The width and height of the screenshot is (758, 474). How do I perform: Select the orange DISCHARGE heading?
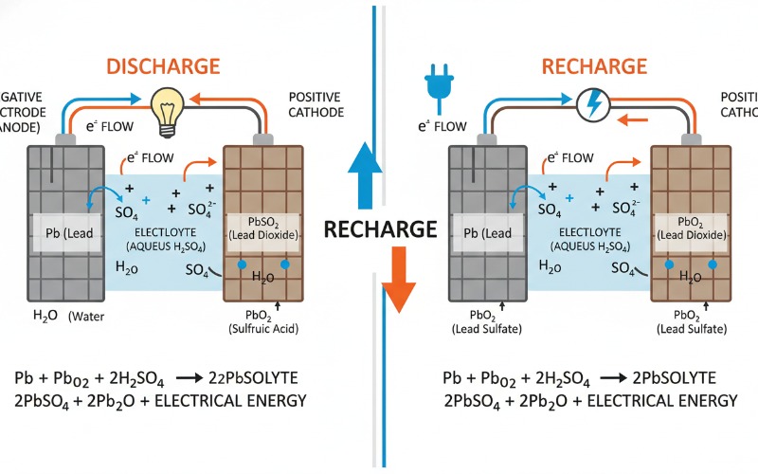click(x=163, y=66)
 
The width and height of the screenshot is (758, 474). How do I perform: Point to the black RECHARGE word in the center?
click(x=380, y=228)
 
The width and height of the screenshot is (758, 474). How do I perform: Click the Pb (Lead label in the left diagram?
click(x=63, y=233)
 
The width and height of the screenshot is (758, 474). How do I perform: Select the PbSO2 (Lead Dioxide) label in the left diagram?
click(x=262, y=228)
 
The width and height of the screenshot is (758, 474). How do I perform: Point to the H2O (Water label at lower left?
click(x=59, y=317)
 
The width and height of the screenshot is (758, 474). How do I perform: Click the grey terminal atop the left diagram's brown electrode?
click(x=262, y=137)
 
